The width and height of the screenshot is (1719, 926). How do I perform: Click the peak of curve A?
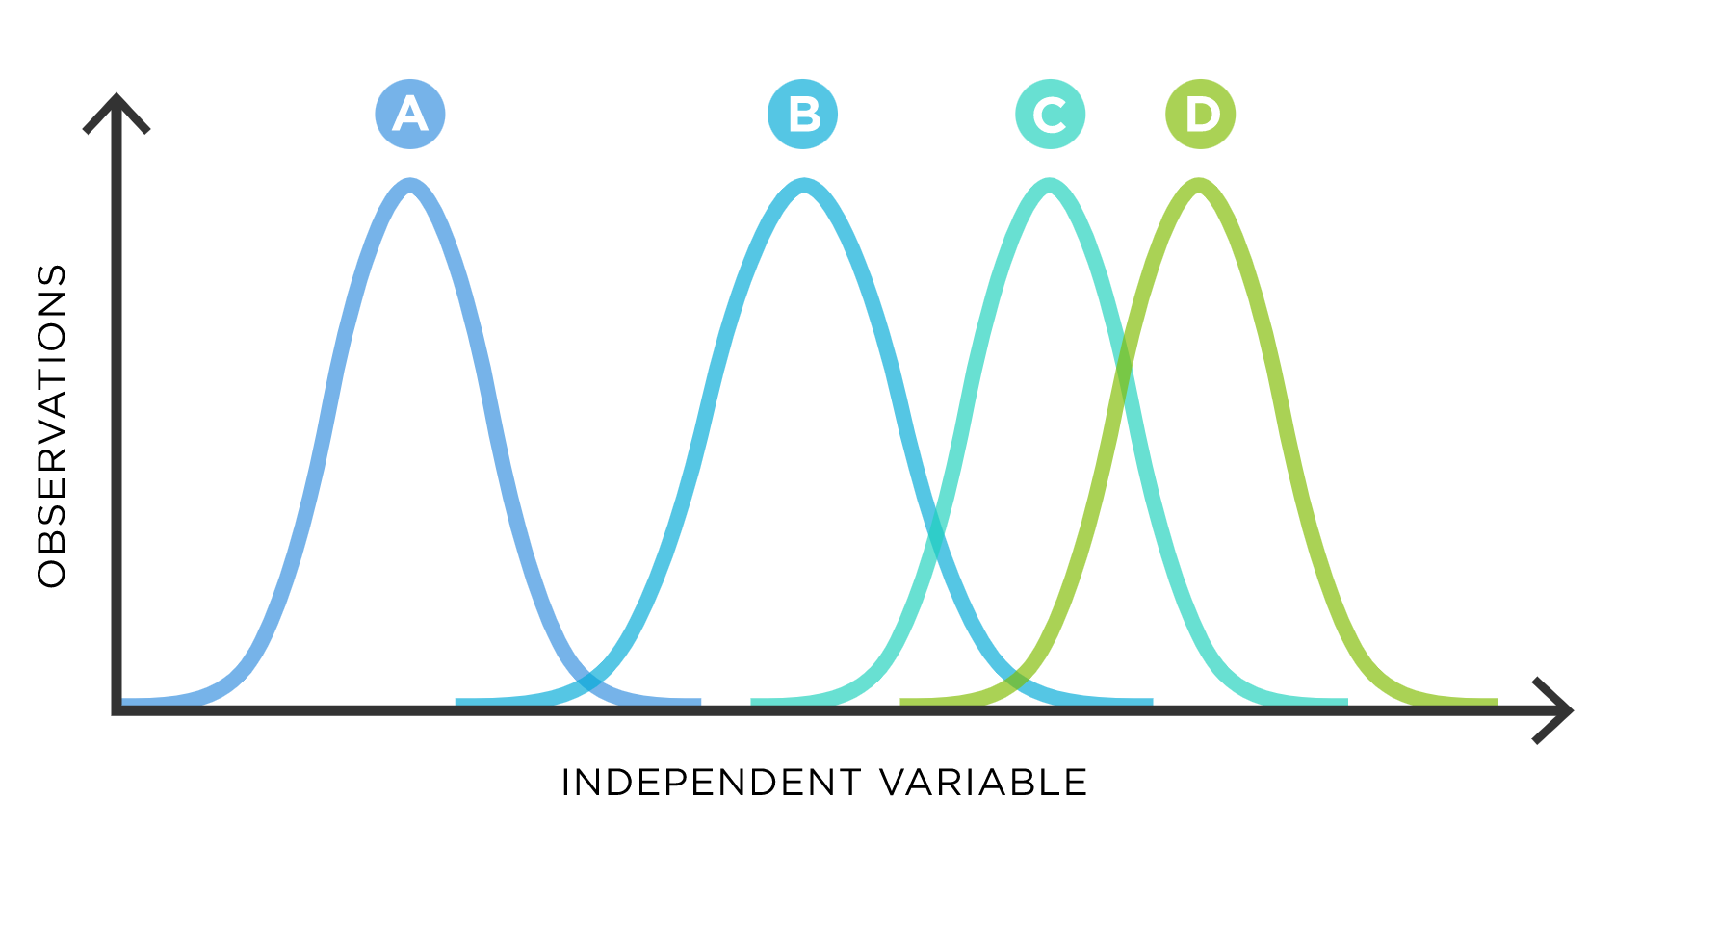pos(411,185)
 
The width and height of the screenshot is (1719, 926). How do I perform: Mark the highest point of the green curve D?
pos(1199,185)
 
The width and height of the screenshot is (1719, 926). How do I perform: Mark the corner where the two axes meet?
pos(117,710)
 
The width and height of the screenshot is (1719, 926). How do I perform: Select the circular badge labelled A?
pos(410,114)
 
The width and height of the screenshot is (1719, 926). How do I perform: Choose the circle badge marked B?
pos(803,114)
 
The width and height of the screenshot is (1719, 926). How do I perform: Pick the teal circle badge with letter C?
pos(1051,114)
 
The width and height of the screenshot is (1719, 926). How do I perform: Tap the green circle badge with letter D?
pos(1201,114)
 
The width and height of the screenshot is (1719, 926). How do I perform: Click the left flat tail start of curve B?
pos(456,703)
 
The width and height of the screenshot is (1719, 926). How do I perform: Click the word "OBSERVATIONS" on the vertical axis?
pos(51,425)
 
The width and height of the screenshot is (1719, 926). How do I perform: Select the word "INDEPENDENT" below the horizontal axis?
pos(711,783)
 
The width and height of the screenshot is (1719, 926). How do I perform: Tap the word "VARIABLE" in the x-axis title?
pos(984,783)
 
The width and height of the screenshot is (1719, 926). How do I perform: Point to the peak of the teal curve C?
pos(1050,185)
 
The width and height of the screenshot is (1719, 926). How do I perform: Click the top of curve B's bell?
pos(804,185)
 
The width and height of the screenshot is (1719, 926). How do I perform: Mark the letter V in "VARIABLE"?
pos(895,783)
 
